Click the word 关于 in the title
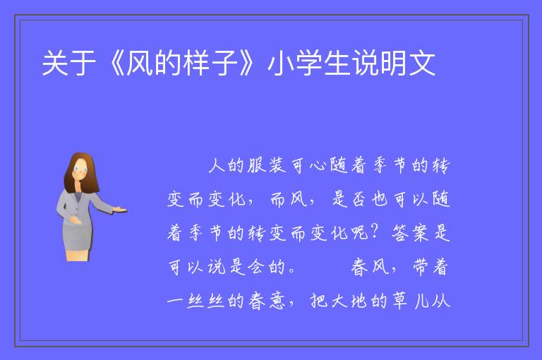coord(68,63)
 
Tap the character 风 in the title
coord(139,63)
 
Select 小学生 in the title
coord(308,63)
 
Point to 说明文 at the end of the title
coord(393,63)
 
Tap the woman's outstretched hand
coord(120,209)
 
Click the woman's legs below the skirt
coord(78,255)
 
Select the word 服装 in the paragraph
coord(267,165)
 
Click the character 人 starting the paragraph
coord(217,165)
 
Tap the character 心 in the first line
coord(318,166)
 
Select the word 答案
coord(410,232)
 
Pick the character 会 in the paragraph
coord(255,267)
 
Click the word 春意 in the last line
coord(267,301)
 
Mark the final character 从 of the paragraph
coord(442,301)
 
